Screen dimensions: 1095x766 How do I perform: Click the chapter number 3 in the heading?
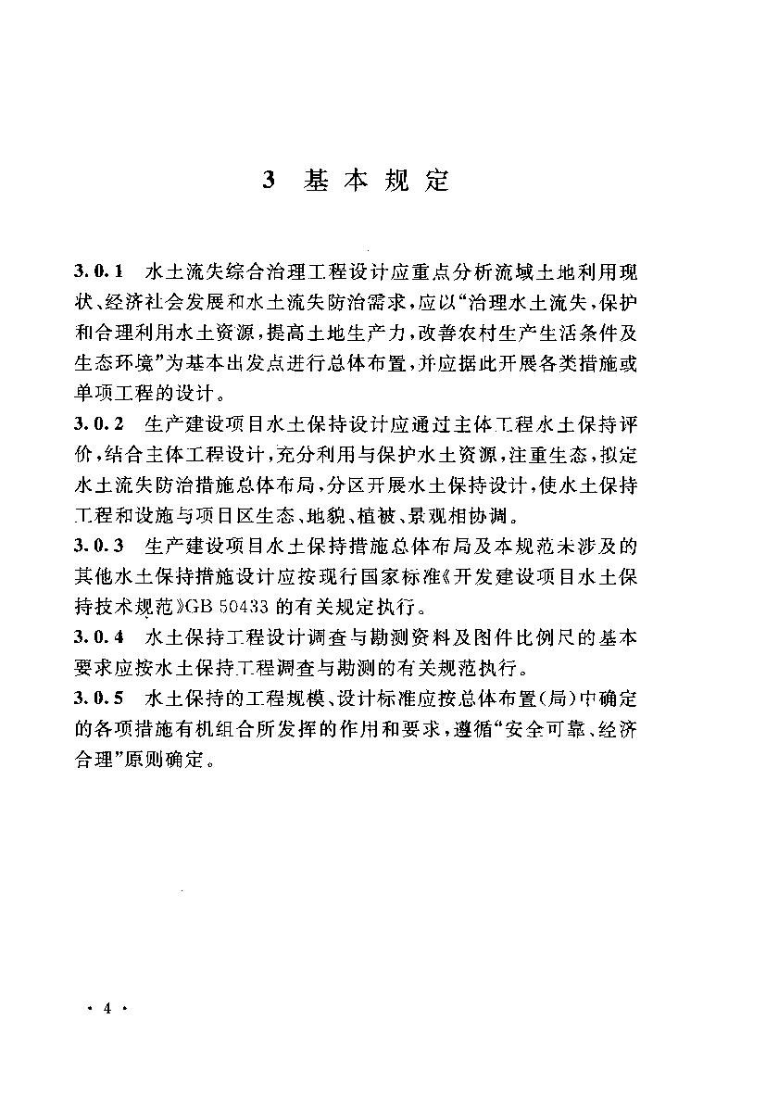point(269,180)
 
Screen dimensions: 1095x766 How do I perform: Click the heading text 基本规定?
point(375,180)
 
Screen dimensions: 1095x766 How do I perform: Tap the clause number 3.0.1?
point(99,274)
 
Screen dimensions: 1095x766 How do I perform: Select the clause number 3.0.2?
point(99,427)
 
